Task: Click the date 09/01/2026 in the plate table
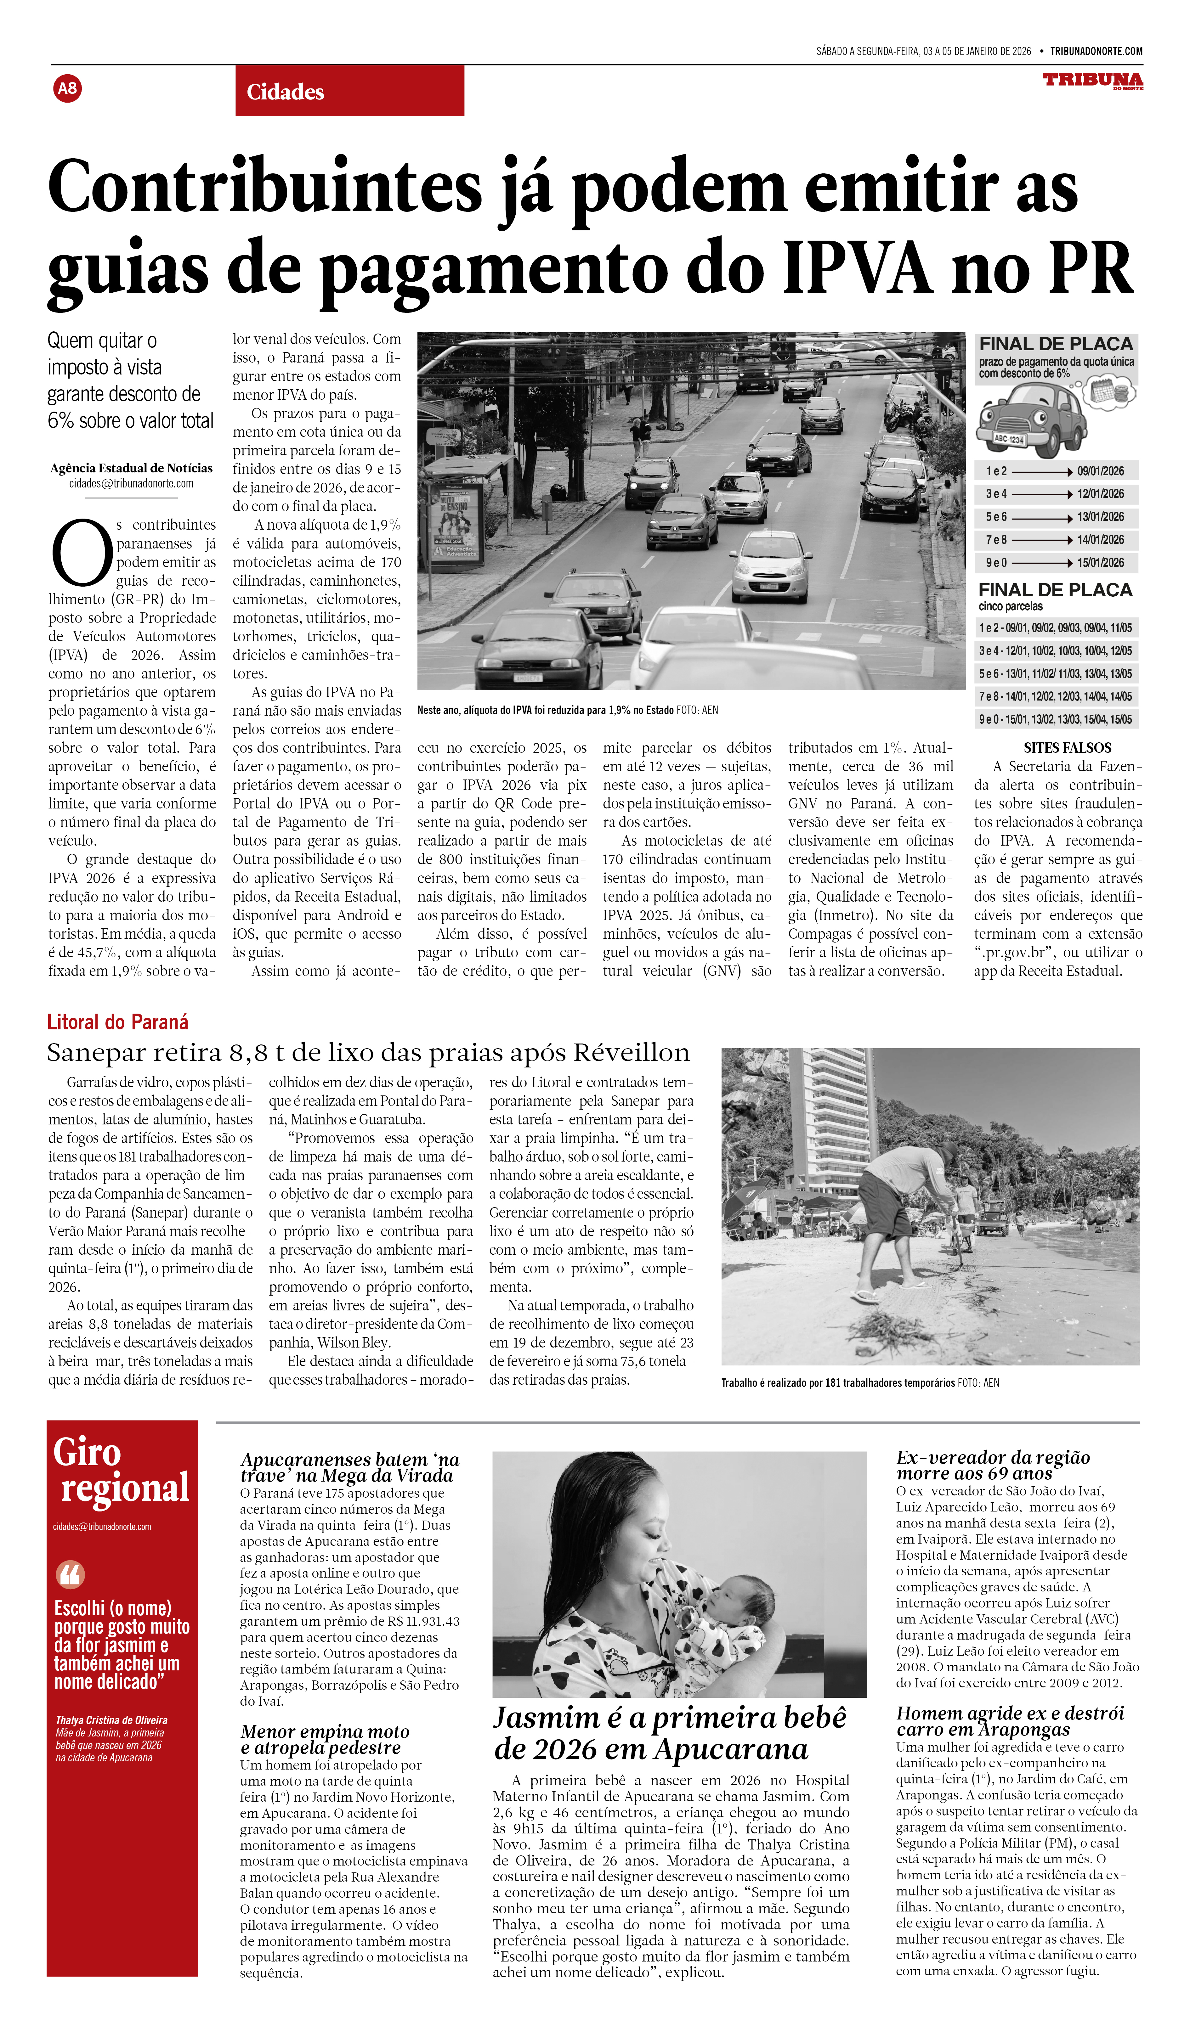point(1100,471)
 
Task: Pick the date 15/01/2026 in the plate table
point(1100,563)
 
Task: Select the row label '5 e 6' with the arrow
point(997,517)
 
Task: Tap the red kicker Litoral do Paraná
point(117,1022)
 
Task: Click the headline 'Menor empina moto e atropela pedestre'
point(325,1739)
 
